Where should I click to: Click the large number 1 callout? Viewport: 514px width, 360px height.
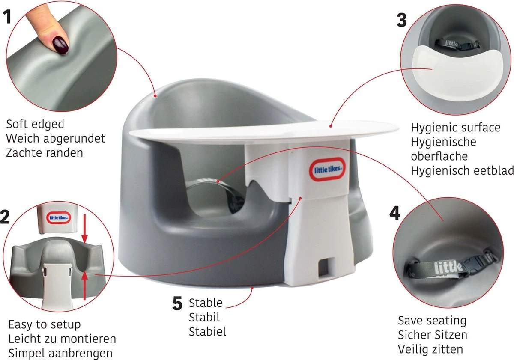click(x=8, y=17)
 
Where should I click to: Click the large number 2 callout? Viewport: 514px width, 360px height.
click(x=5, y=217)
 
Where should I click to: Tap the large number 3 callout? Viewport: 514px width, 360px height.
click(x=402, y=20)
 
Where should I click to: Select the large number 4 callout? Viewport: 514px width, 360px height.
click(x=395, y=213)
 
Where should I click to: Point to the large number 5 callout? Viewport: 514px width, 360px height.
click(x=177, y=303)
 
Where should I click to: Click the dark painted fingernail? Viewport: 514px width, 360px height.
click(x=60, y=46)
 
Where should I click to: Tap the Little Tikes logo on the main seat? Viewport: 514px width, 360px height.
click(x=327, y=169)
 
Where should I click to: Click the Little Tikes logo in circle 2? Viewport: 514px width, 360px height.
click(x=59, y=217)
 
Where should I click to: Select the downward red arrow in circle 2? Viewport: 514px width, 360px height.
click(x=85, y=229)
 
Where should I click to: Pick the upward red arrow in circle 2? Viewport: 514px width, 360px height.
click(x=85, y=286)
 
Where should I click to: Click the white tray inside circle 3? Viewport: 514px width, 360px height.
click(x=457, y=73)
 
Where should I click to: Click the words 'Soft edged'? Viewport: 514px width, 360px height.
click(x=35, y=124)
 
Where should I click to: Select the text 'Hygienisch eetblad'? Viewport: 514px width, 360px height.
click(x=462, y=171)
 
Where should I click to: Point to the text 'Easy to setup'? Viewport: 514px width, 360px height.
click(x=45, y=324)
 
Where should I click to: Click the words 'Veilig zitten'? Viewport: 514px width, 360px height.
click(x=430, y=349)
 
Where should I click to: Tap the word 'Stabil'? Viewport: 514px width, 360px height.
click(x=204, y=317)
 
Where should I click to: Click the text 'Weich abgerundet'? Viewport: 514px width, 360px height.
click(x=56, y=138)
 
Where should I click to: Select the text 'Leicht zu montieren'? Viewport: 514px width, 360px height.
click(x=62, y=339)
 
